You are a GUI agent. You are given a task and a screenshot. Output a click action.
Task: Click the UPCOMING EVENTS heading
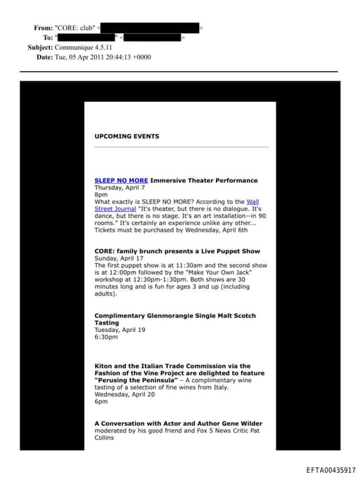tap(127, 136)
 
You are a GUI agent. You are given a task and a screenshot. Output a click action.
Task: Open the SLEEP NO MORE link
tap(121, 181)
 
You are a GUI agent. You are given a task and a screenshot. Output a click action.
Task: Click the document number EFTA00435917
tap(330, 470)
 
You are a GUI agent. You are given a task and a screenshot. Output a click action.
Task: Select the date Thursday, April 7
tap(120, 188)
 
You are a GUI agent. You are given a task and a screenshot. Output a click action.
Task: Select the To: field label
tap(48, 37)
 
